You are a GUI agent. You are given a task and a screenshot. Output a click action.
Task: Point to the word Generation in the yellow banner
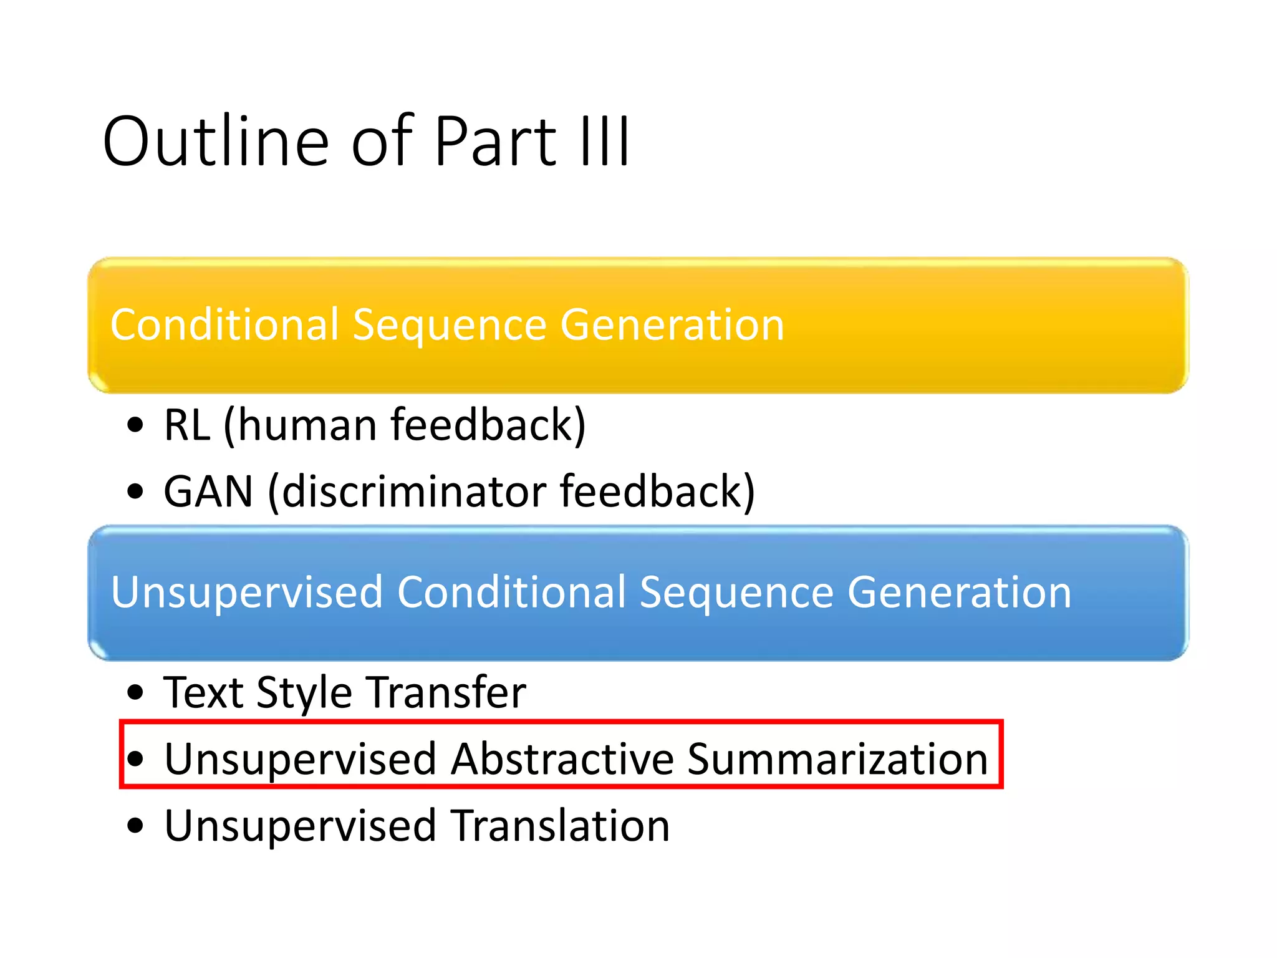(x=672, y=325)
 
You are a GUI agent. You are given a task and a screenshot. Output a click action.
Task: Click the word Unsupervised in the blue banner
(x=247, y=592)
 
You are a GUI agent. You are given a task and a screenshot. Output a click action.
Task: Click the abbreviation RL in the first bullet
(x=186, y=425)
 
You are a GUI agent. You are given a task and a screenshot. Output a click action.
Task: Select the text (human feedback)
(x=405, y=425)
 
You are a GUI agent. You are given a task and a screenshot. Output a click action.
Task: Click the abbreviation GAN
(x=208, y=491)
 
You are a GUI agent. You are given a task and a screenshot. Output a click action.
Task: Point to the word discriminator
(x=415, y=491)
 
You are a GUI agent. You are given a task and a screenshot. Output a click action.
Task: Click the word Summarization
(x=837, y=759)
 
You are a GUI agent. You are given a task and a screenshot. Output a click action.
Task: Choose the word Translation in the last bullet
(x=560, y=826)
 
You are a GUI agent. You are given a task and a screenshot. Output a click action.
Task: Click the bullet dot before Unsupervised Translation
(x=135, y=826)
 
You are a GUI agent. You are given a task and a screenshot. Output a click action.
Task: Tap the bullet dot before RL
(x=135, y=425)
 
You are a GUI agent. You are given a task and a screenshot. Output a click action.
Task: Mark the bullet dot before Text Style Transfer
(x=135, y=692)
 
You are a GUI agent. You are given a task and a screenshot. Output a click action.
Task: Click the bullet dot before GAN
(x=135, y=491)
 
